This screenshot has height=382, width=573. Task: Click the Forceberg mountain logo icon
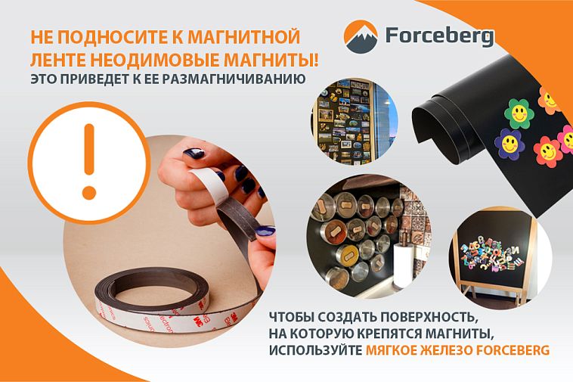(361, 37)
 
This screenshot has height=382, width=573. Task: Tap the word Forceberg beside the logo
(440, 36)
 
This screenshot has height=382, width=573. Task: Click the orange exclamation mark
(89, 162)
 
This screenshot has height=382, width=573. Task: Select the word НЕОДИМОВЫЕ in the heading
(154, 60)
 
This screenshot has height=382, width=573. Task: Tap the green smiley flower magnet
(519, 113)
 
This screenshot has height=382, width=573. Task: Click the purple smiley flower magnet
(510, 143)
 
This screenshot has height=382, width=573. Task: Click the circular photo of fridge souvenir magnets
(355, 122)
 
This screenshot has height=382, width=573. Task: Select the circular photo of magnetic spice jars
(369, 237)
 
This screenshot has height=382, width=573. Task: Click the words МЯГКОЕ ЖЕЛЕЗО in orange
(419, 350)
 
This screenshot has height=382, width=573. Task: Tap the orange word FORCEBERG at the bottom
(512, 350)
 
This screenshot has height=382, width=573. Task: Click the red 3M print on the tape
(198, 321)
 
